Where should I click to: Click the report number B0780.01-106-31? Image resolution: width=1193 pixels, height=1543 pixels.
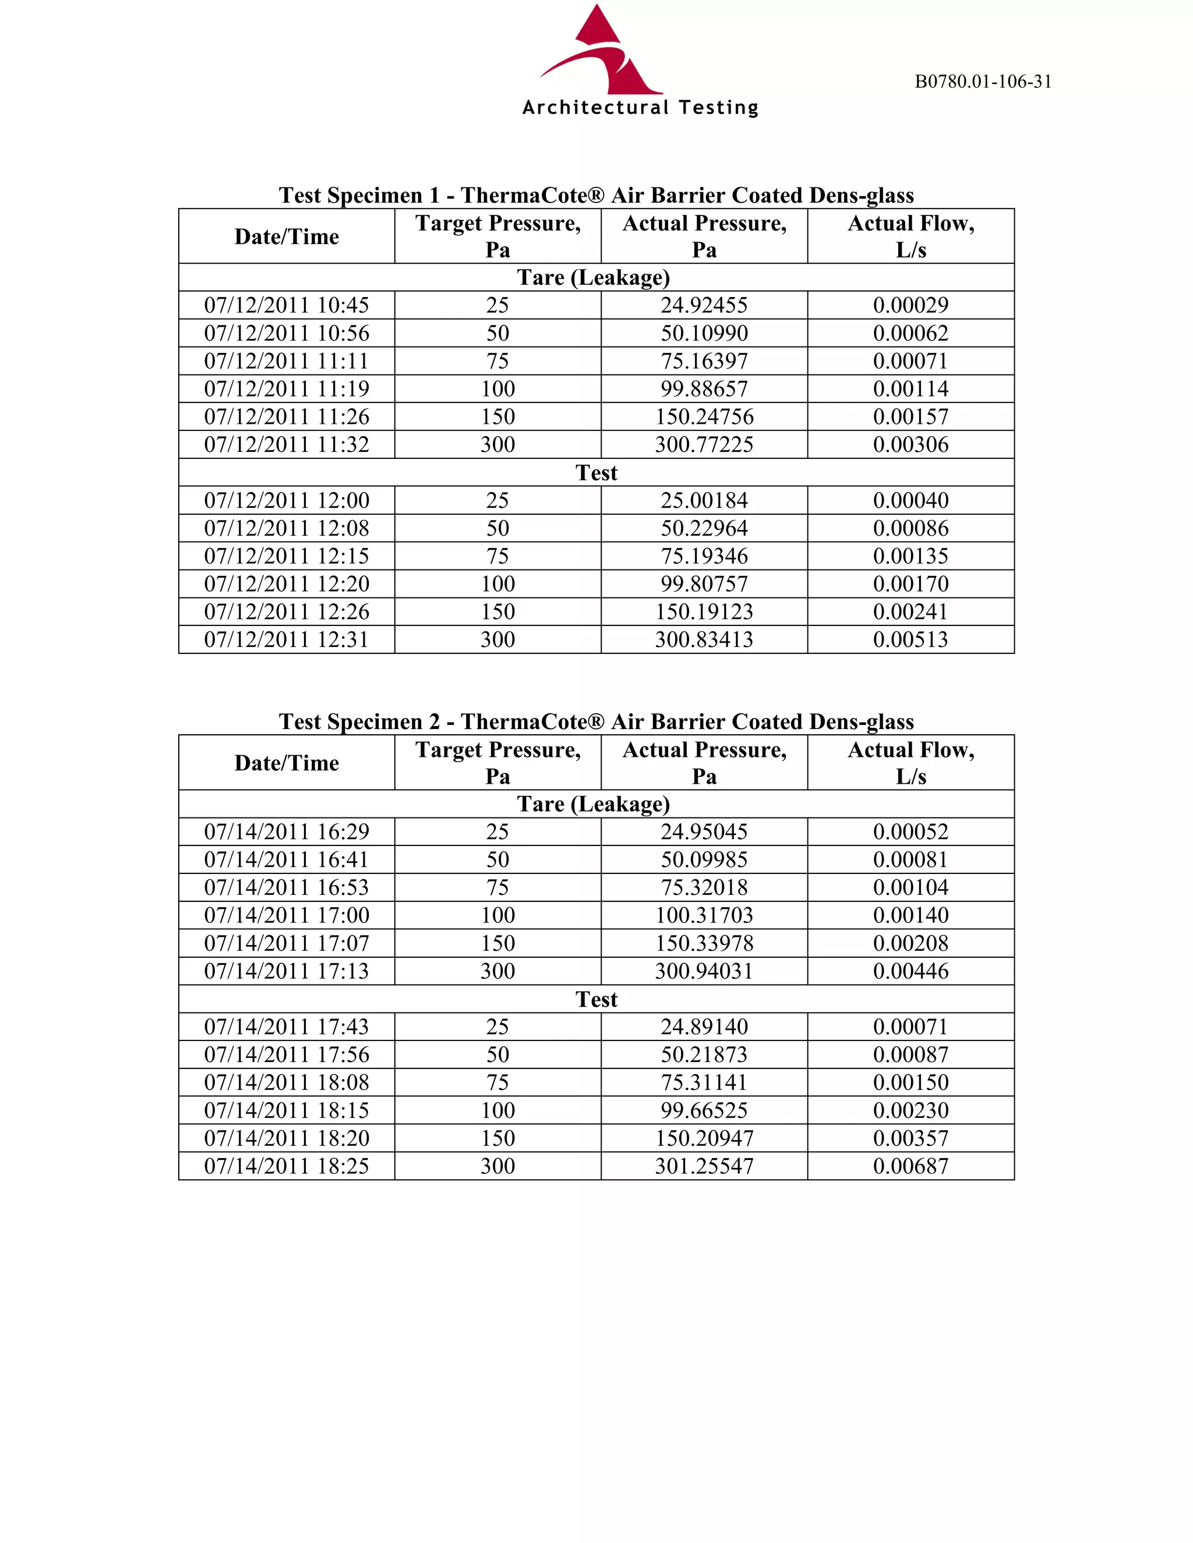click(982, 82)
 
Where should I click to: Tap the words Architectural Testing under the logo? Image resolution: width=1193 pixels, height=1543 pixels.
click(640, 108)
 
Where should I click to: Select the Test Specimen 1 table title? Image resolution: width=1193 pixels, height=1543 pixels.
click(596, 195)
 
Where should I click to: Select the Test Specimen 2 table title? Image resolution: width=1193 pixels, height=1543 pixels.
click(596, 721)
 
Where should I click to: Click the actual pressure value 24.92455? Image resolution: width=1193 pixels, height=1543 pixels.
click(704, 305)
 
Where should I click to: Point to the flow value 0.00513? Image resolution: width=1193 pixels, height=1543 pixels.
click(910, 639)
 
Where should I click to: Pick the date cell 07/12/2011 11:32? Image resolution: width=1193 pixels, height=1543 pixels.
click(286, 444)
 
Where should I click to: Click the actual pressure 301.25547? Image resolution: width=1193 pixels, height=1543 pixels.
click(704, 1166)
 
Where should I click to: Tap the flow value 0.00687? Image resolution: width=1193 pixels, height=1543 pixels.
click(910, 1166)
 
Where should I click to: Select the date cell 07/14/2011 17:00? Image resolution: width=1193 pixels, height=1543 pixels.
click(286, 915)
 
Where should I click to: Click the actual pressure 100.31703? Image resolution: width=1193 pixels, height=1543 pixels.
click(704, 915)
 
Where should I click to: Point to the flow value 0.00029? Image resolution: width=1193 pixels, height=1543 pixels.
click(910, 305)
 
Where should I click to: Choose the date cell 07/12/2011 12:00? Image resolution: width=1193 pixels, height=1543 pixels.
click(286, 500)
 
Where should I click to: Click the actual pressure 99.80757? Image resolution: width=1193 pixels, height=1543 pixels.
click(704, 583)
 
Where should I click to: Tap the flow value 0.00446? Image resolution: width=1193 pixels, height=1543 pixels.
click(910, 971)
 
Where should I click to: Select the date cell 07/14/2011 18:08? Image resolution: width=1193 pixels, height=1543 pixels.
click(286, 1082)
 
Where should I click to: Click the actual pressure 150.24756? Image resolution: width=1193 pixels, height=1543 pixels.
click(704, 417)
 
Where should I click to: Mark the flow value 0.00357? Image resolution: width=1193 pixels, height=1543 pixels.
click(910, 1138)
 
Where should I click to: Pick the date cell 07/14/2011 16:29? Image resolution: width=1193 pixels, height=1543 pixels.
click(286, 831)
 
